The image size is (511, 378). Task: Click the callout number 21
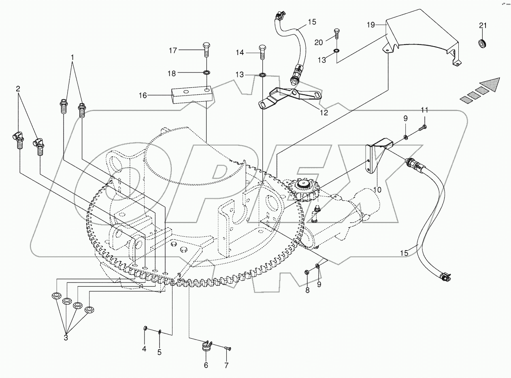point(482,25)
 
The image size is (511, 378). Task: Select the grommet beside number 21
point(482,43)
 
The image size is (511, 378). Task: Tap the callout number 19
point(371,25)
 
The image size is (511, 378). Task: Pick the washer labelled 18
point(207,73)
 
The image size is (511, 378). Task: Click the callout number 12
point(324,113)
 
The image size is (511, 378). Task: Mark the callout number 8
point(307,290)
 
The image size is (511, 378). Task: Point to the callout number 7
point(226,365)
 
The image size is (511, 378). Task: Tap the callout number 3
point(66,337)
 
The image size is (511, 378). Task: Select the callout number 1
point(73,58)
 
